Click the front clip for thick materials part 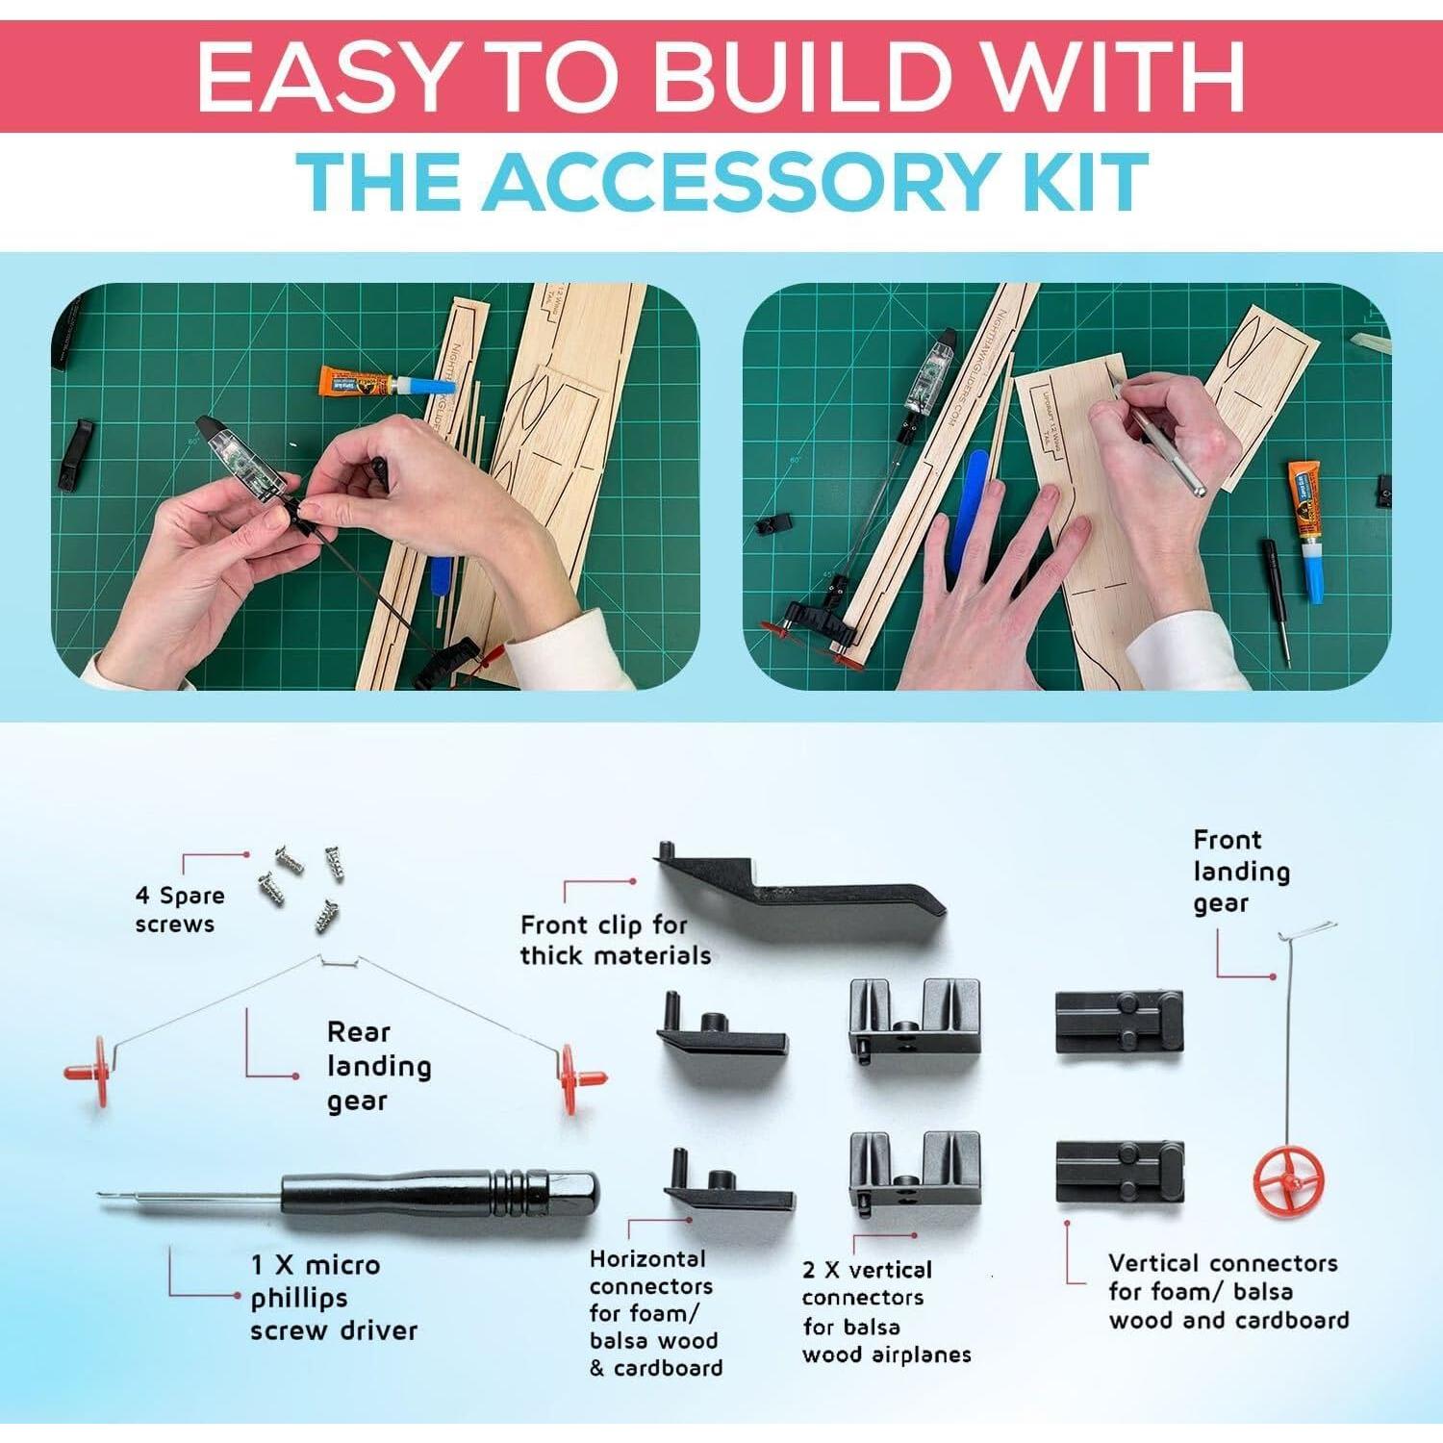(798, 884)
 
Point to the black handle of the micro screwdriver (438, 1193)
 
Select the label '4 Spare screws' (179, 909)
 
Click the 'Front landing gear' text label (1240, 872)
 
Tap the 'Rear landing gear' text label (377, 1066)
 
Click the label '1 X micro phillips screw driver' (334, 1298)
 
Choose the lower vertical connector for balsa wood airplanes (914, 1170)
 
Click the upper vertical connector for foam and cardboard (1119, 1022)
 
